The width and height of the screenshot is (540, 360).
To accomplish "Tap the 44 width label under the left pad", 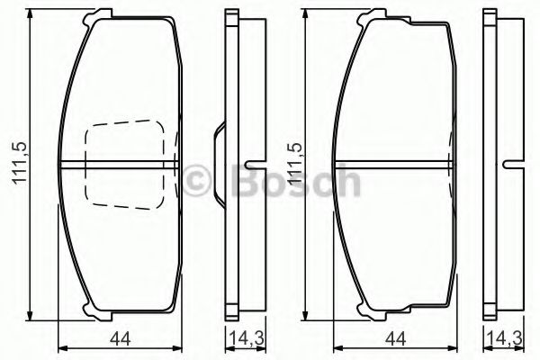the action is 121,339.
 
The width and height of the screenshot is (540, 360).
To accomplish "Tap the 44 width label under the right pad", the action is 395,339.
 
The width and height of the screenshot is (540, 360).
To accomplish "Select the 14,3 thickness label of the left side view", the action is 247,339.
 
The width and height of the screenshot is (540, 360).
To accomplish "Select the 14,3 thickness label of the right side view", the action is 505,339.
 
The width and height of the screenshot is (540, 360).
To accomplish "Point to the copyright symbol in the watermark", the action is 196,179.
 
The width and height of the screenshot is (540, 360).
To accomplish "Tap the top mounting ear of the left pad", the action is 98,15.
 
